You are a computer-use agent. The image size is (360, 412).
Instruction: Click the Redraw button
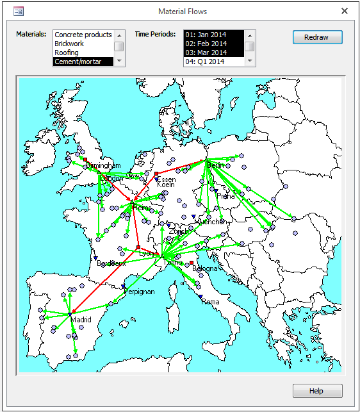317,37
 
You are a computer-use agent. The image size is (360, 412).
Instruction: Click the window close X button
345,11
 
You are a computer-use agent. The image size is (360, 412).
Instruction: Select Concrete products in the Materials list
83,35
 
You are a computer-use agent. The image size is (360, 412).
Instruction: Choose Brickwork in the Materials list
69,44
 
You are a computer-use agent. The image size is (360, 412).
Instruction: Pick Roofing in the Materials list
67,53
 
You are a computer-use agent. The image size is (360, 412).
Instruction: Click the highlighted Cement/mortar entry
78,62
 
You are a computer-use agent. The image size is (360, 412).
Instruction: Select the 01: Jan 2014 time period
206,35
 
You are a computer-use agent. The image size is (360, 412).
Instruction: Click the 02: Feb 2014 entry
206,44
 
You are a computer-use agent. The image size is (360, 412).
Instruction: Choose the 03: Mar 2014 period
206,53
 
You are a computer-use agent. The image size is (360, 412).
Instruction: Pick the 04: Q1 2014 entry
206,62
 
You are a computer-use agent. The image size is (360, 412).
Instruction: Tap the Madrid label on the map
81,319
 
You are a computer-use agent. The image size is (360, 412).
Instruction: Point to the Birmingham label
102,165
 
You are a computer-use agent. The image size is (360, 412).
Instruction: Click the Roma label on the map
211,302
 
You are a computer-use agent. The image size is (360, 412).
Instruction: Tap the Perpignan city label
138,292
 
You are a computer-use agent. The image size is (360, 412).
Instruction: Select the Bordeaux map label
111,263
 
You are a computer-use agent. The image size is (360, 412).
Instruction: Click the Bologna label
205,268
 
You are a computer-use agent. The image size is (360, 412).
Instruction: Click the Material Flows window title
180,11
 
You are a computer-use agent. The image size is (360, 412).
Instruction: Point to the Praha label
225,196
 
